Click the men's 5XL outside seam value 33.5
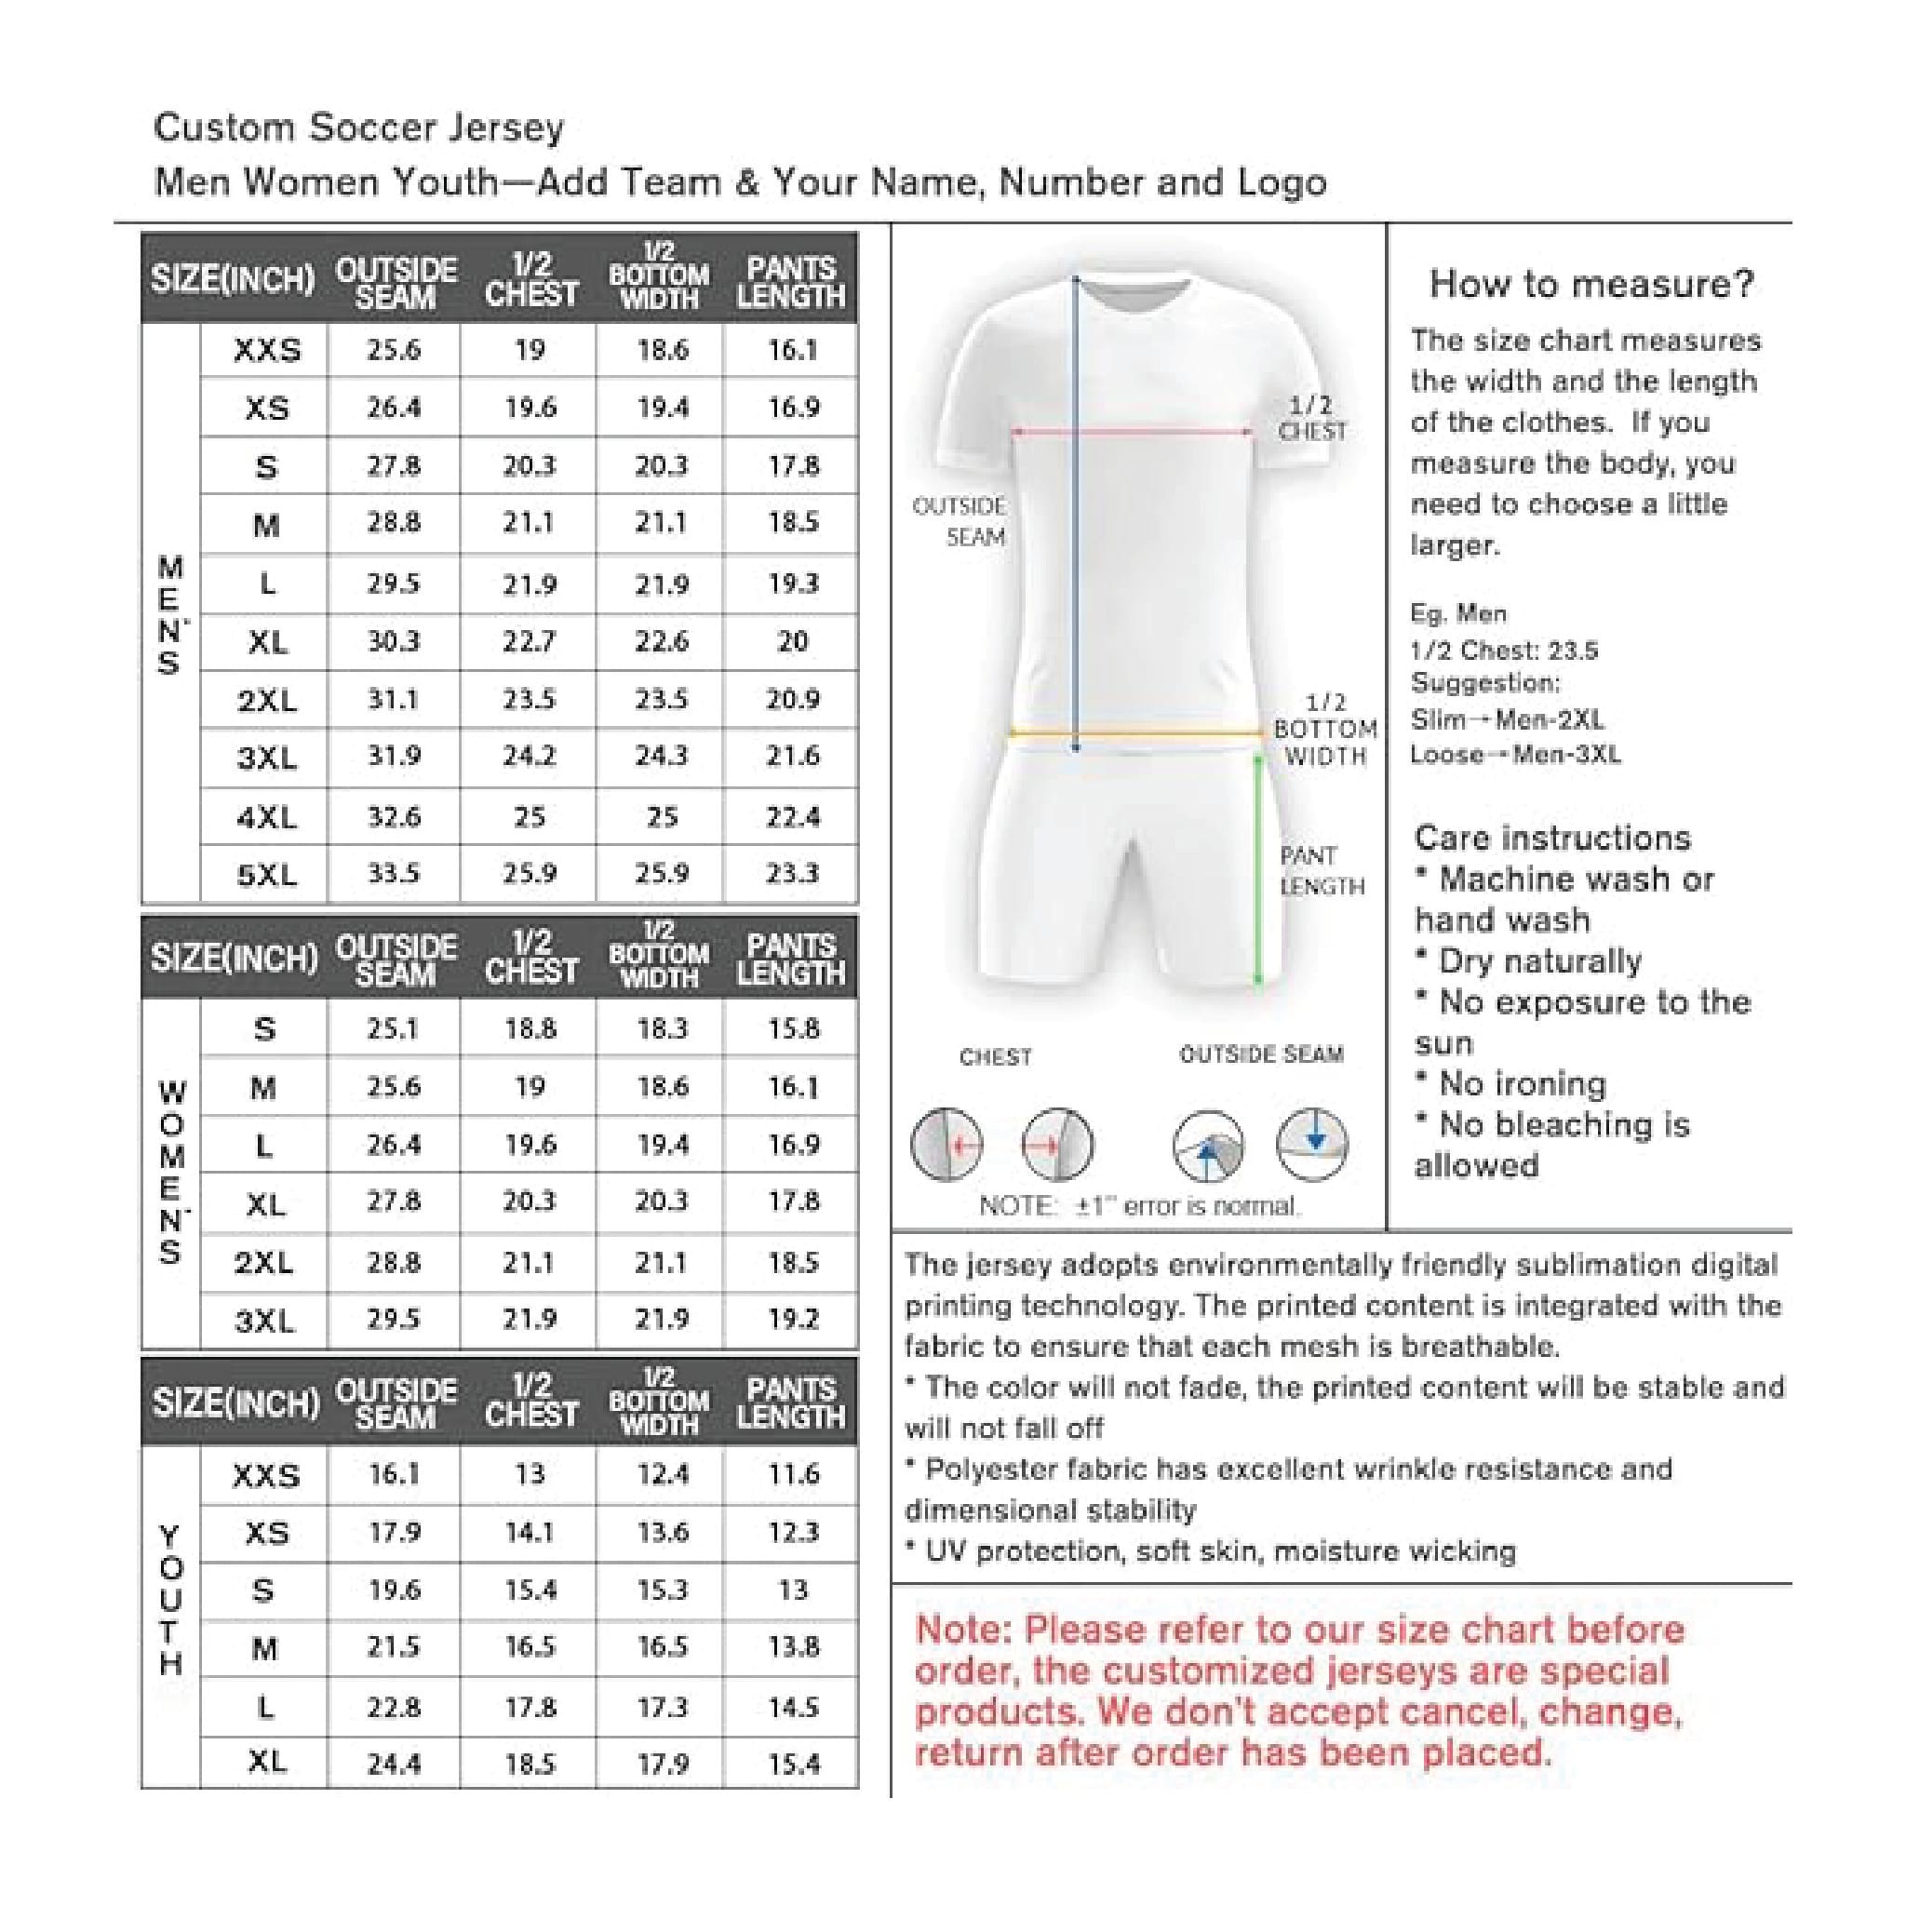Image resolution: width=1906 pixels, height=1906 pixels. point(394,873)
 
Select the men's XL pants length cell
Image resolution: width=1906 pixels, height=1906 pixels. point(792,642)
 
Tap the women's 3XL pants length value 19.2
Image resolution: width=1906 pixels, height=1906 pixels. point(792,1319)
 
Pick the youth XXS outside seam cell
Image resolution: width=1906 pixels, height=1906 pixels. point(394,1474)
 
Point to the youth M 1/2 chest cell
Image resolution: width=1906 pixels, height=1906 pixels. point(530,1646)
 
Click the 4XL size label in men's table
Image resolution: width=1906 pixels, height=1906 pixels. point(265,817)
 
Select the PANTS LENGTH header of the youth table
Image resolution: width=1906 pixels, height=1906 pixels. point(790,1402)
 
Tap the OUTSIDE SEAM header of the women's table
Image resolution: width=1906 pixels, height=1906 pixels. point(396,959)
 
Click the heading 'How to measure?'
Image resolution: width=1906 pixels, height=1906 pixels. point(1591,284)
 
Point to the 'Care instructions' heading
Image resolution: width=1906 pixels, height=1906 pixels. point(1551,838)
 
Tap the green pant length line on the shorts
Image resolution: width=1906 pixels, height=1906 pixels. point(1258,868)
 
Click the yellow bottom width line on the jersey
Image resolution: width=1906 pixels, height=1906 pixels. point(1134,733)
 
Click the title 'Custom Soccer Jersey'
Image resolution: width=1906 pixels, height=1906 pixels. point(359,128)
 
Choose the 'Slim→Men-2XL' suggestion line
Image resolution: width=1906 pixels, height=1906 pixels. point(1507,719)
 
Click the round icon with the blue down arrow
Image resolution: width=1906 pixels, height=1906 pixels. point(1312,1144)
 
